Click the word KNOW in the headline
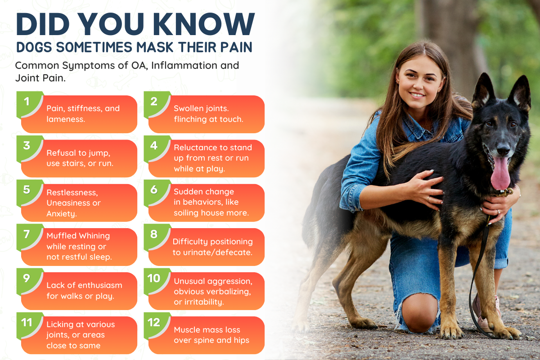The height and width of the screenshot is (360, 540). pos(204,24)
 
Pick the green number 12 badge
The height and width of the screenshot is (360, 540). pos(157,325)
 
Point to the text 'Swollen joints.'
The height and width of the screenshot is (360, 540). pos(201,108)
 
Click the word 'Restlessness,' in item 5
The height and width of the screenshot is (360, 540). pos(72,193)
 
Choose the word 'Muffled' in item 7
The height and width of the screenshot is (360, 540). pos(62,236)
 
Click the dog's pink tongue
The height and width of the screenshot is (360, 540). pos(501,173)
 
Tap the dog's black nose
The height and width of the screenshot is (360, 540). pos(503,150)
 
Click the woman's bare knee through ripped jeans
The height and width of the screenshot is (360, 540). pos(420,312)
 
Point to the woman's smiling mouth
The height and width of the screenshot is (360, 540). pos(417,95)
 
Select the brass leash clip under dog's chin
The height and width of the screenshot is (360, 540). pos(506,193)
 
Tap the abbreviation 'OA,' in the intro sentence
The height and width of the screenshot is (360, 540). pos(139,66)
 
